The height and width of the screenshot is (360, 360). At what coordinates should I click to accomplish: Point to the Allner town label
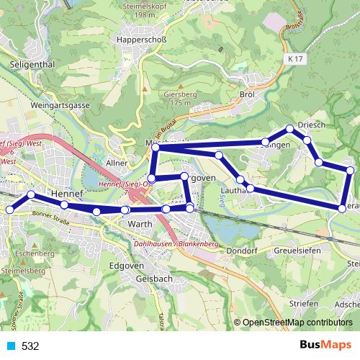click(117, 163)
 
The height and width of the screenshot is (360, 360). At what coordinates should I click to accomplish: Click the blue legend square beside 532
click(9, 346)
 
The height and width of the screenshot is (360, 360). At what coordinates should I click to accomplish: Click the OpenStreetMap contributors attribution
click(297, 323)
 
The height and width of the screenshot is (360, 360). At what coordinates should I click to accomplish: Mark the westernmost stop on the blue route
click(9, 210)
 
